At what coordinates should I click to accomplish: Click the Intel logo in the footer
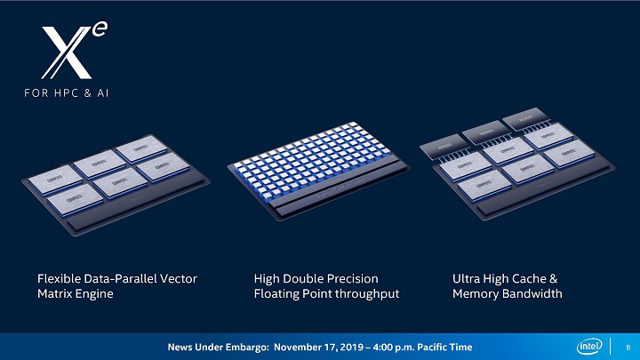point(590,346)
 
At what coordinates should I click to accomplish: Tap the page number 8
point(628,346)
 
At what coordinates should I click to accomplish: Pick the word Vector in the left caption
point(178,278)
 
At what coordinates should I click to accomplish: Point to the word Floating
point(277,293)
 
